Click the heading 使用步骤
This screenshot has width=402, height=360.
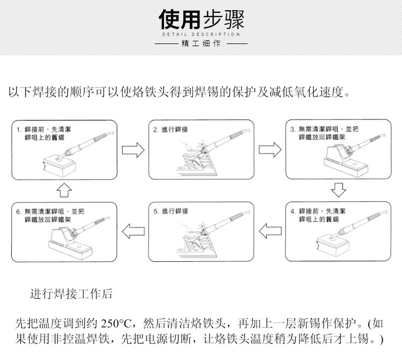[201, 20]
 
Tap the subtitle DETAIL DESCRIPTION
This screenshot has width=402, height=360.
[201, 34]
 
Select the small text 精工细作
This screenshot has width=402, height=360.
[201, 43]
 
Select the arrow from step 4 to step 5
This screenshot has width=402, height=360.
[270, 231]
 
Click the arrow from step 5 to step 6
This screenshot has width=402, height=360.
[133, 231]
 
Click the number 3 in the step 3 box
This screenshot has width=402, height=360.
[292, 129]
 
